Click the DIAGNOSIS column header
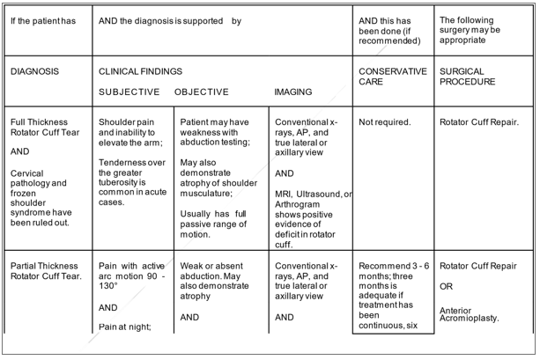click(34, 71)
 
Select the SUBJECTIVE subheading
click(129, 92)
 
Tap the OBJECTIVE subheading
click(202, 92)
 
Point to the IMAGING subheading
click(293, 92)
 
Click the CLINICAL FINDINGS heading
click(141, 71)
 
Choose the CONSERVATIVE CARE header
click(393, 77)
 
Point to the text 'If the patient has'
click(43, 21)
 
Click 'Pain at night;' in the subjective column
click(125, 327)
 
